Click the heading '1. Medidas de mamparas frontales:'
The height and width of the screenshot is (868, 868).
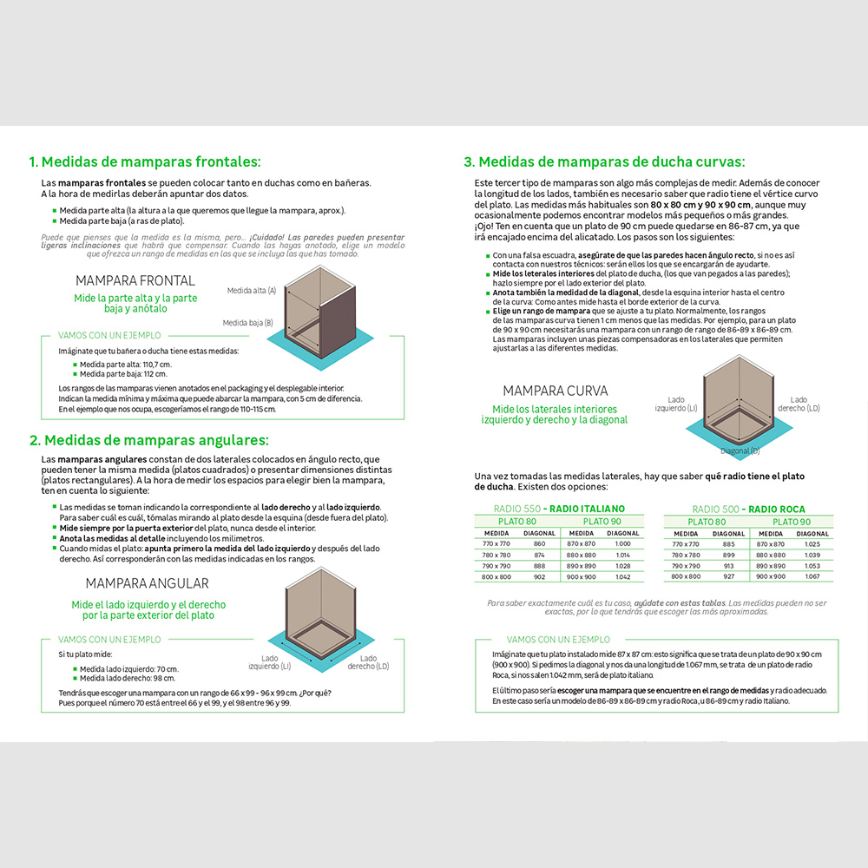[145, 162]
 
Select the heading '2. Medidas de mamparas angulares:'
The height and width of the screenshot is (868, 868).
[149, 440]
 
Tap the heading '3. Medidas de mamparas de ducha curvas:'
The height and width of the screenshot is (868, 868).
[604, 161]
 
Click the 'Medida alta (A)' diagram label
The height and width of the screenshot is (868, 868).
[252, 291]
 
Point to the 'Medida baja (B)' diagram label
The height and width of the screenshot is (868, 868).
[248, 322]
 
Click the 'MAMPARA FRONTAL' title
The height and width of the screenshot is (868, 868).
[135, 281]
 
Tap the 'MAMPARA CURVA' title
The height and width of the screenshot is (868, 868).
[556, 391]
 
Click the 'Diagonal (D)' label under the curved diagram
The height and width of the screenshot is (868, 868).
[740, 451]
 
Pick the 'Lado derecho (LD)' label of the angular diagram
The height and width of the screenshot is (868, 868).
[369, 662]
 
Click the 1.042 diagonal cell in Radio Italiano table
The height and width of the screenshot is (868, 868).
[623, 577]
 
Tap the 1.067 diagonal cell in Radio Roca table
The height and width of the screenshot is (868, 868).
[812, 577]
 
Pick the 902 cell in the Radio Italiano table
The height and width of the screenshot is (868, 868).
[540, 577]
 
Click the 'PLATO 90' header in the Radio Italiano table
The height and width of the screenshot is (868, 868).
[602, 522]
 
